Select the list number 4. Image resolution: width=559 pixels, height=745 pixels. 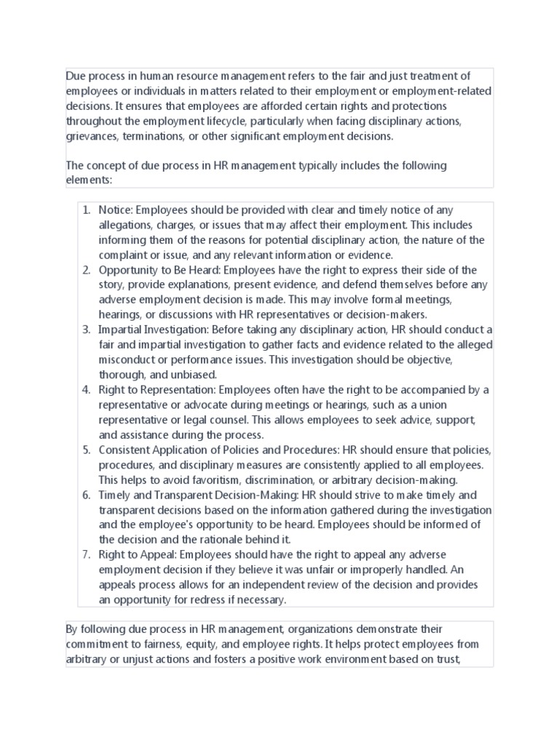click(85, 390)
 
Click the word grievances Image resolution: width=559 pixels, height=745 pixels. click(92, 135)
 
